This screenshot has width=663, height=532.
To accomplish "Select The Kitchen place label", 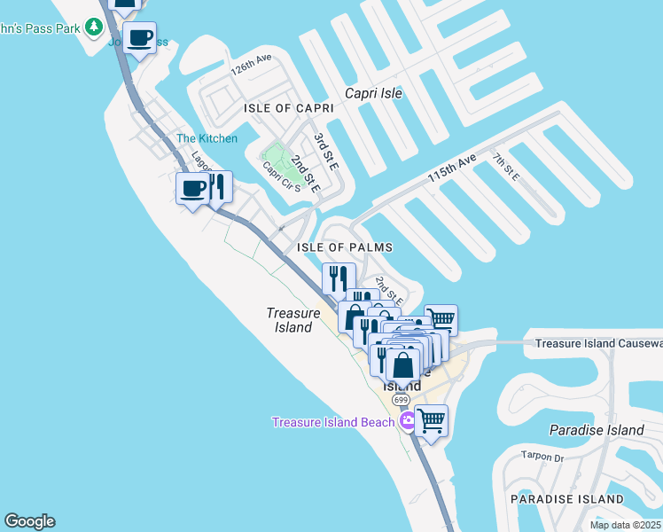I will (207, 138).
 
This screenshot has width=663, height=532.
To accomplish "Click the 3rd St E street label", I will (325, 152).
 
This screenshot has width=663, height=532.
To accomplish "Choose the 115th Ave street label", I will (452, 168).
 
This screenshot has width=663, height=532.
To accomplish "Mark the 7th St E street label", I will (506, 166).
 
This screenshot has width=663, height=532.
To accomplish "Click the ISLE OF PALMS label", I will (345, 247).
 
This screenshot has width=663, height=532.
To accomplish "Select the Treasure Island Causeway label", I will (598, 343).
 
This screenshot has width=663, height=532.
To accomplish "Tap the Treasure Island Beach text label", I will (332, 422).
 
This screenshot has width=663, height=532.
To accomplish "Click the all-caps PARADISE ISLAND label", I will (567, 500).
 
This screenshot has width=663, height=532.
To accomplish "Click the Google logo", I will (29, 521).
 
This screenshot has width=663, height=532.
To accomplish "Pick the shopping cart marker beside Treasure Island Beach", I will (431, 421).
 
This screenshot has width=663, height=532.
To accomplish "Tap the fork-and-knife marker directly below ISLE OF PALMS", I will (339, 278).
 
